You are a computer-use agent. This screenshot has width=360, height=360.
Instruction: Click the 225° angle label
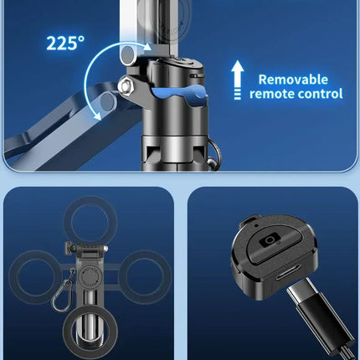pos(65,44)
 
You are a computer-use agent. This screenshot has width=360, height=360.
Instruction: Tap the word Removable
pos(293,80)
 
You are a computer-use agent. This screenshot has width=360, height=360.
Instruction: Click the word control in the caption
pos(319,94)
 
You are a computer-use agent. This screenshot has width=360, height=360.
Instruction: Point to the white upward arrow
pos(238,80)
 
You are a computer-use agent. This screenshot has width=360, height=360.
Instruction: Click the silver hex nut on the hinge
pos(125,86)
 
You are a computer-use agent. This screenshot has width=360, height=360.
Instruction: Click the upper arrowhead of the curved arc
pos(147,47)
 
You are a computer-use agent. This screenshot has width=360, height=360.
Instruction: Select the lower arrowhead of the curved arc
pos(97,116)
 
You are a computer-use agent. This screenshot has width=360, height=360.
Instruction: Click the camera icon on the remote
pos(270,240)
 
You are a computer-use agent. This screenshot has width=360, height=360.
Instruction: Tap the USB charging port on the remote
pos(288,275)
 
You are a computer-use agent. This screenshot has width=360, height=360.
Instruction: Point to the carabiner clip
pos(63,296)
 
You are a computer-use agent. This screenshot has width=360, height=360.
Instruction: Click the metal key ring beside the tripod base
pos(214,153)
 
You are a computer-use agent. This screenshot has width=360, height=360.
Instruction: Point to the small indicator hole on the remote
pos(255,225)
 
